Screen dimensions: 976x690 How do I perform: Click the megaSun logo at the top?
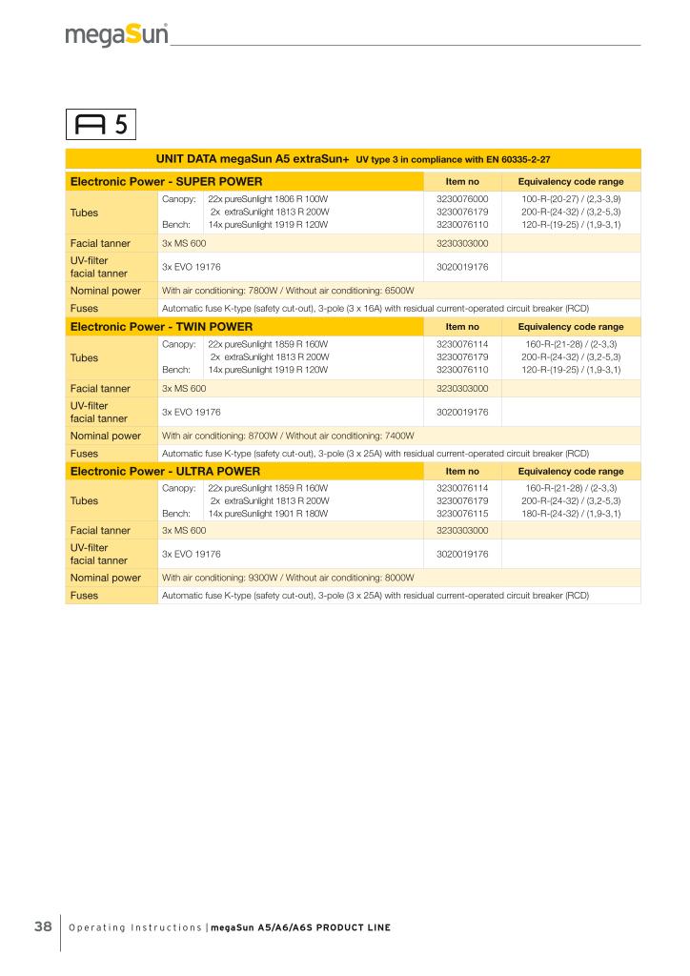pyautogui.click(x=117, y=36)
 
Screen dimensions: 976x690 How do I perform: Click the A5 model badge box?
pyautogui.click(x=102, y=124)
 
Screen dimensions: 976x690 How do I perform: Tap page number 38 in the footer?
pyautogui.click(x=43, y=927)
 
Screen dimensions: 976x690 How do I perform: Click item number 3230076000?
pyautogui.click(x=461, y=198)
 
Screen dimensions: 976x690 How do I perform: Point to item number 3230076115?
pyautogui.click(x=461, y=513)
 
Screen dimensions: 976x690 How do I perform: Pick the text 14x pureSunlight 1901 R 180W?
pyautogui.click(x=268, y=513)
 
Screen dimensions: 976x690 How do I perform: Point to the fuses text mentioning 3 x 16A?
pyautogui.click(x=375, y=308)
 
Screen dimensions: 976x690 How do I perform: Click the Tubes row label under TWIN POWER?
pyautogui.click(x=84, y=357)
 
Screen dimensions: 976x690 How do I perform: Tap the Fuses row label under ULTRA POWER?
pyautogui.click(x=84, y=595)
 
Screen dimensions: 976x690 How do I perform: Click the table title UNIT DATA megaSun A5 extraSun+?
pyautogui.click(x=253, y=158)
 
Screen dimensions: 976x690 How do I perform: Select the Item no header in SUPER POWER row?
pyautogui.click(x=461, y=180)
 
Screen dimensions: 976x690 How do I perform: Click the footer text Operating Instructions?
pyautogui.click(x=136, y=927)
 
